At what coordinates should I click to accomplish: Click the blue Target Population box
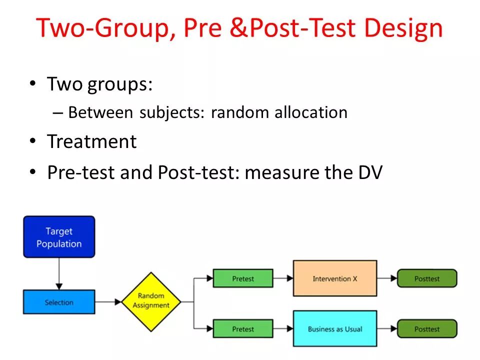click(59, 237)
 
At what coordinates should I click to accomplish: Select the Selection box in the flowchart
click(59, 302)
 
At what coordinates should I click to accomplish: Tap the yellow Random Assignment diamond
click(150, 301)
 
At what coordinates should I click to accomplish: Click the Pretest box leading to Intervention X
click(243, 278)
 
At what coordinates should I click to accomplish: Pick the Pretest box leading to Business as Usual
click(243, 329)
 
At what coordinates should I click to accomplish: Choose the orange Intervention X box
click(334, 278)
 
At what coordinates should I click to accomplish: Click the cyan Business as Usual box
click(334, 329)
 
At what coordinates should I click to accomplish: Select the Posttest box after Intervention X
click(427, 278)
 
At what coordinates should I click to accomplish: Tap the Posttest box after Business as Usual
click(427, 329)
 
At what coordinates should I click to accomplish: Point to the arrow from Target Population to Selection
click(59, 273)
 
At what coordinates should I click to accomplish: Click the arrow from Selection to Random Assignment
click(108, 302)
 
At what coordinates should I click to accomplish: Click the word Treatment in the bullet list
click(91, 142)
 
